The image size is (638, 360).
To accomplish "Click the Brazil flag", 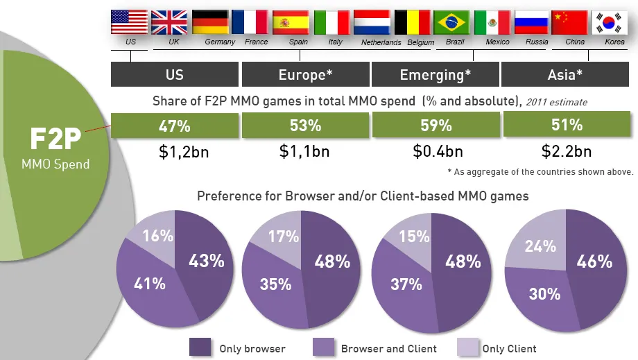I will click(x=452, y=22).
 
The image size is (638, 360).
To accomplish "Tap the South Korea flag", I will click(x=611, y=22).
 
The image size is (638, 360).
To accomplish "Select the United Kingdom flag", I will click(x=169, y=22).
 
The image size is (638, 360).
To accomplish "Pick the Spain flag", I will click(x=291, y=22).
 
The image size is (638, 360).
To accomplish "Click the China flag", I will click(x=571, y=22).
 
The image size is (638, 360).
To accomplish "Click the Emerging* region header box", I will click(x=436, y=75).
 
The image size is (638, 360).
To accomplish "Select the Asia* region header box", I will click(x=566, y=75).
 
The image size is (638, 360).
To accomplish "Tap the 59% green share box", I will click(x=436, y=126).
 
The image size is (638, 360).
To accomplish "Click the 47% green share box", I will click(x=174, y=126).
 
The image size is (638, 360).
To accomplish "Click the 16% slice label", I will click(x=157, y=236).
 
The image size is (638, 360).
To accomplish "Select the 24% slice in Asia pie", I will click(x=540, y=246).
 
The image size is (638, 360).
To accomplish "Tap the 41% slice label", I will click(x=150, y=283).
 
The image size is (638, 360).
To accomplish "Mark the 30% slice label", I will click(x=544, y=293).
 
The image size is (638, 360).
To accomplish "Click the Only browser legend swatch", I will click(x=200, y=347).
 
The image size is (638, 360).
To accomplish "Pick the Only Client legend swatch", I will click(x=468, y=347).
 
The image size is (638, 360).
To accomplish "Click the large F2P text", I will click(x=55, y=139).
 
